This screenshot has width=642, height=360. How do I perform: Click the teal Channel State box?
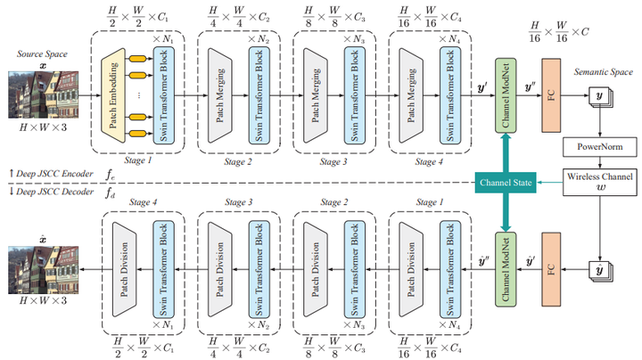(504, 183)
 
